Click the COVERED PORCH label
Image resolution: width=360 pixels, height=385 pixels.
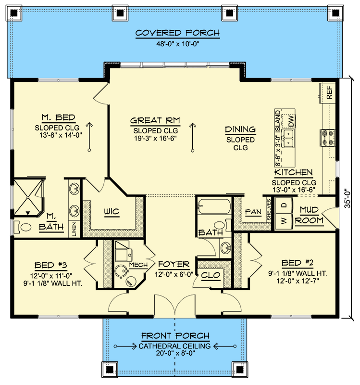177,33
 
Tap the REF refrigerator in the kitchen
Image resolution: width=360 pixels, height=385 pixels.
329,92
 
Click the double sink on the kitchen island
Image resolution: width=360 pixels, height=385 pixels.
289,138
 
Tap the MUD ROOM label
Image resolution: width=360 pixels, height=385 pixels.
308,215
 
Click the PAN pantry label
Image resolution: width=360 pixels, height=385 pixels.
253,211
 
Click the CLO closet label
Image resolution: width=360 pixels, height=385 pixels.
211,275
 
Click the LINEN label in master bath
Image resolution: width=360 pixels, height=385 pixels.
74,228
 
